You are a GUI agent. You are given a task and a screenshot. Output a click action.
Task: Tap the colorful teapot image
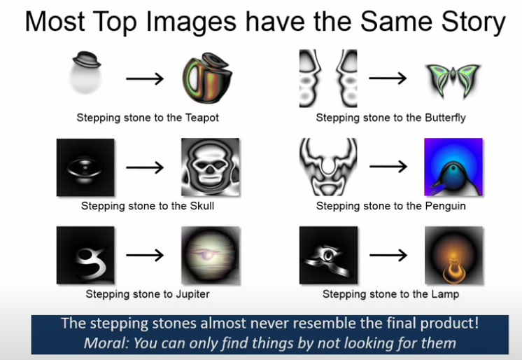[207, 78]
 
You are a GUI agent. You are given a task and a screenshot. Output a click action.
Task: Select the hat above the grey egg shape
[86, 60]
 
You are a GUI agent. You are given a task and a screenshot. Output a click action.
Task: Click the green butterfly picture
[453, 80]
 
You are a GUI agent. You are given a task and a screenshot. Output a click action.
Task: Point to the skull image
[210, 167]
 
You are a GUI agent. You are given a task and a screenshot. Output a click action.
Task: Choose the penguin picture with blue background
[453, 167]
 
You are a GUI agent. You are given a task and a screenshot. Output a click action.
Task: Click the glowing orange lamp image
[453, 256]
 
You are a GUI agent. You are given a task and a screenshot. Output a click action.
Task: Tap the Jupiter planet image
[211, 256]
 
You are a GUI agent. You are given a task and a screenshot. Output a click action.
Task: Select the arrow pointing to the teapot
[145, 78]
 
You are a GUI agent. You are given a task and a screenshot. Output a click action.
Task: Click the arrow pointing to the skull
[145, 167]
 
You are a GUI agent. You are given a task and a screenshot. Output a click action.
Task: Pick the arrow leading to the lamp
[388, 256]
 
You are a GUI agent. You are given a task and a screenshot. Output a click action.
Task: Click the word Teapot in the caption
[202, 118]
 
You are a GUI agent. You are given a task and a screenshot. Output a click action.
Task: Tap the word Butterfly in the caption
[445, 118]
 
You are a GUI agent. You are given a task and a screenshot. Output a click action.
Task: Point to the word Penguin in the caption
[446, 207]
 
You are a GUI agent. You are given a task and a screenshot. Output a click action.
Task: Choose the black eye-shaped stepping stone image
[85, 167]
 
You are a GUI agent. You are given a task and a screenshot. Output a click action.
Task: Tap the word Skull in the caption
[202, 206]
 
